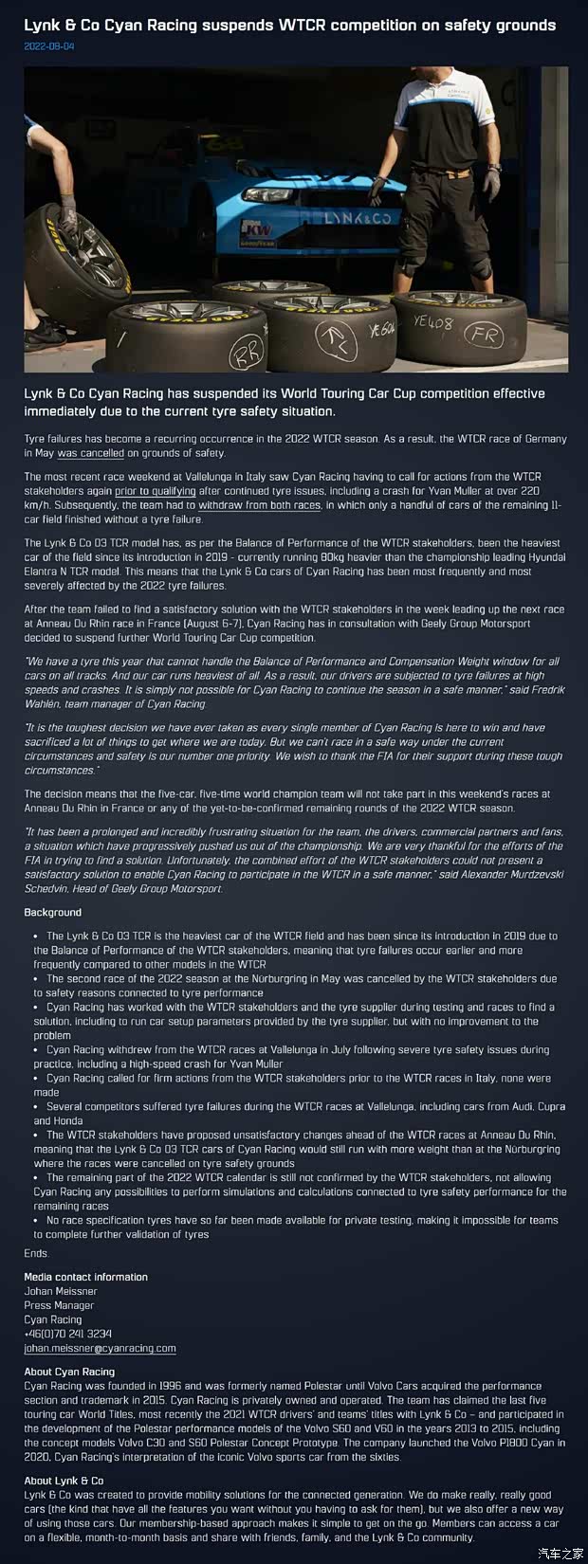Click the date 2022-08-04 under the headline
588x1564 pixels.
(48, 45)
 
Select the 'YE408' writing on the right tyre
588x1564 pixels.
(433, 323)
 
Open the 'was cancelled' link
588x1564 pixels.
(91, 453)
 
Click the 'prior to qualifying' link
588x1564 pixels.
(156, 491)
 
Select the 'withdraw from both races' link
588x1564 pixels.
(259, 505)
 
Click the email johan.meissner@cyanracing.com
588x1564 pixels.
(100, 1348)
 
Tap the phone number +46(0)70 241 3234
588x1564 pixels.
(67, 1334)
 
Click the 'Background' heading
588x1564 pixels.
(52, 912)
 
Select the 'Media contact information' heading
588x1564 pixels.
(85, 1277)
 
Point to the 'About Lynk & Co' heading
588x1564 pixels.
(64, 1481)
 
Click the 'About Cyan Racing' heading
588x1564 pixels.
(69, 1372)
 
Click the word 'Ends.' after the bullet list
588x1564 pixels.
(36, 1253)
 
